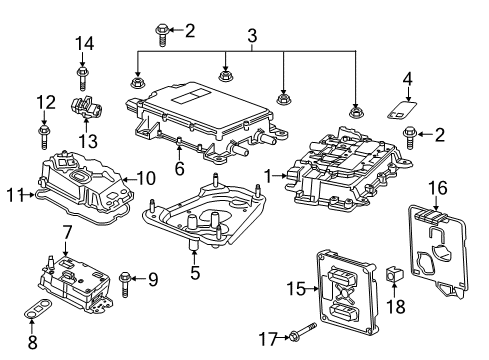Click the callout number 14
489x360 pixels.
tap(86, 44)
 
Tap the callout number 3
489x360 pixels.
tap(252, 35)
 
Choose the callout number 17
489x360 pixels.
tap(267, 340)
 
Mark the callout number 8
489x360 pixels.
tap(31, 342)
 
